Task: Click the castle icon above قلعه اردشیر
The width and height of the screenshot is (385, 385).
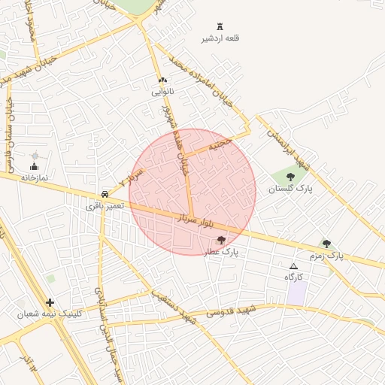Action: [x=220, y=27]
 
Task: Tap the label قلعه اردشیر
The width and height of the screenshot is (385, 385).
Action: [x=220, y=38]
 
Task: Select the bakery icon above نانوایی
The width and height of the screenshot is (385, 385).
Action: [x=162, y=80]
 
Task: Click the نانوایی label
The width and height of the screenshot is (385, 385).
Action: [x=162, y=92]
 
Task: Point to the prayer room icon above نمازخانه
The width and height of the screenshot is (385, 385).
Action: [x=34, y=166]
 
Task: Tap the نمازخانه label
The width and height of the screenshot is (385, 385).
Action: [x=34, y=177]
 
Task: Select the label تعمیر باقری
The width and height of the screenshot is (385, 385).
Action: [x=104, y=205]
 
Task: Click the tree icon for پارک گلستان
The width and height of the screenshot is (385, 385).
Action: [x=290, y=177]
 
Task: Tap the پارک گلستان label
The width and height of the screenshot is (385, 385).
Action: [x=295, y=189]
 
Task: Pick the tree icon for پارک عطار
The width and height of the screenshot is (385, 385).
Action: [x=220, y=240]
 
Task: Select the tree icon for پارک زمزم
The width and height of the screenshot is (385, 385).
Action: [x=326, y=244]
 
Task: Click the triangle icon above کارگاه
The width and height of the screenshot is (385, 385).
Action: [x=293, y=266]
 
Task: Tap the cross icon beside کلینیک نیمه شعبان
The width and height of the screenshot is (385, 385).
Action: [x=50, y=302]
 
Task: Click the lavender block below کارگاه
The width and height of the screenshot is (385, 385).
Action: [x=296, y=294]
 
